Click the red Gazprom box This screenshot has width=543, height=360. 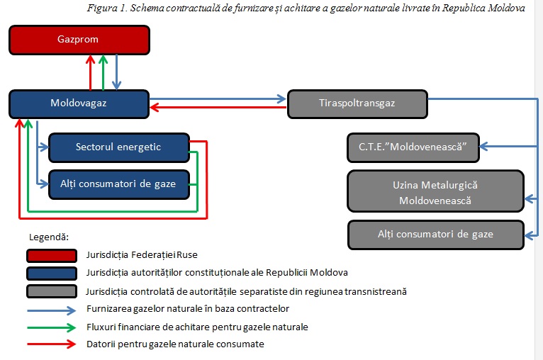click(79, 40)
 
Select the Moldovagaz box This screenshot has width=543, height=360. click(79, 104)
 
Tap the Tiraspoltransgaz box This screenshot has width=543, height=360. click(358, 104)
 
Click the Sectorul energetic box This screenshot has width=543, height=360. click(119, 147)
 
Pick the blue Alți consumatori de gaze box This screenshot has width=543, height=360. click(119, 184)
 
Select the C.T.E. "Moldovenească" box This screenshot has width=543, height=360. click(413, 147)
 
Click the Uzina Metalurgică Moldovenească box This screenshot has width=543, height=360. click(436, 191)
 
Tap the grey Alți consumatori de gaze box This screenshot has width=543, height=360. click(436, 235)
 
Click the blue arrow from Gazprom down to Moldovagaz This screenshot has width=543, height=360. click(117, 72)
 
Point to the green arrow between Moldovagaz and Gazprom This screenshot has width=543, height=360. click(103, 72)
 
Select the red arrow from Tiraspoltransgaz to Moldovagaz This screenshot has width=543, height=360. click(218, 107)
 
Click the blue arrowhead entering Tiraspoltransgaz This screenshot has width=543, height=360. click(282, 99)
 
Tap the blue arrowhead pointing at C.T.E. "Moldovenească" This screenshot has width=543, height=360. click(484, 147)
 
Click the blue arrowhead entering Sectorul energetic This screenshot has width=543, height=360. click(45, 147)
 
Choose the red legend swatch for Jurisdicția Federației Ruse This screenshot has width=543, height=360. click(52, 255)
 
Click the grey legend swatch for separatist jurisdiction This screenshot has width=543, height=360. click(52, 291)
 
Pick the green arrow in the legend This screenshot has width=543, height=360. click(51, 327)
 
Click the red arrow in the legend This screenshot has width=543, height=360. click(51, 344)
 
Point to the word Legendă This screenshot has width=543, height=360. click(49, 237)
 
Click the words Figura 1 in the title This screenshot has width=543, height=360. click(107, 8)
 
